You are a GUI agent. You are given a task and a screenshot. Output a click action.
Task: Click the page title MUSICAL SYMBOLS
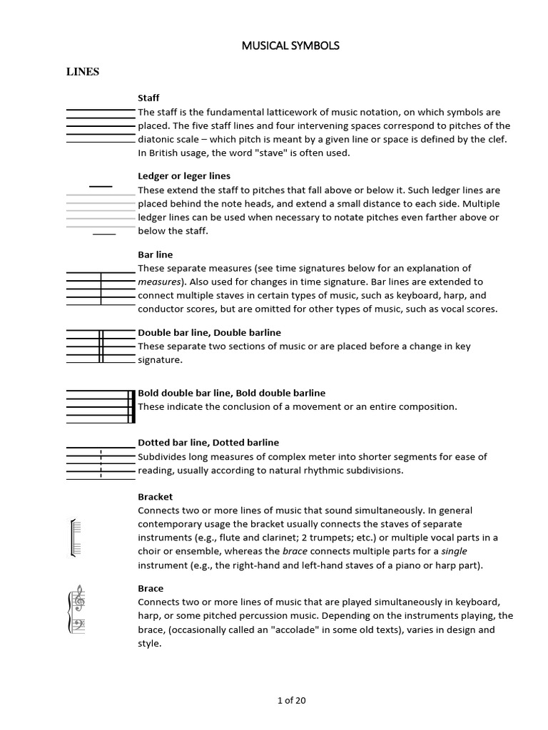click(290, 46)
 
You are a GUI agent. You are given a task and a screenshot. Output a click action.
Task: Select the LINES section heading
click(83, 72)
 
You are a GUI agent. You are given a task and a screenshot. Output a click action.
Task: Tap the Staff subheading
click(148, 98)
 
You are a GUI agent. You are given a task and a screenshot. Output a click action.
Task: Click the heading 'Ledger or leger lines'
click(184, 176)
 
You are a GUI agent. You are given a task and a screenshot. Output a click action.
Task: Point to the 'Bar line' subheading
click(156, 255)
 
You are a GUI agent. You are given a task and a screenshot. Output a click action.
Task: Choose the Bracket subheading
click(156, 497)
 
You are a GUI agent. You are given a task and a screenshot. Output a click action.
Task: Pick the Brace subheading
click(151, 589)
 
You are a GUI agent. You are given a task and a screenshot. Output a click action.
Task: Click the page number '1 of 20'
click(291, 701)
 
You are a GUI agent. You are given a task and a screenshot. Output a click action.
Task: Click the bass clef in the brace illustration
click(78, 625)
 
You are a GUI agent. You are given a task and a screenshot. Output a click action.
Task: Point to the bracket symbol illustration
click(72, 537)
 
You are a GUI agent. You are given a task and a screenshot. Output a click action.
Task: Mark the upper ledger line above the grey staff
click(101, 187)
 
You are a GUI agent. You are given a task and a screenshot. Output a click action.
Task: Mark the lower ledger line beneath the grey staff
click(104, 233)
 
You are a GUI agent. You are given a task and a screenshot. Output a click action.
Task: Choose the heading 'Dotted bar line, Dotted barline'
click(208, 443)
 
